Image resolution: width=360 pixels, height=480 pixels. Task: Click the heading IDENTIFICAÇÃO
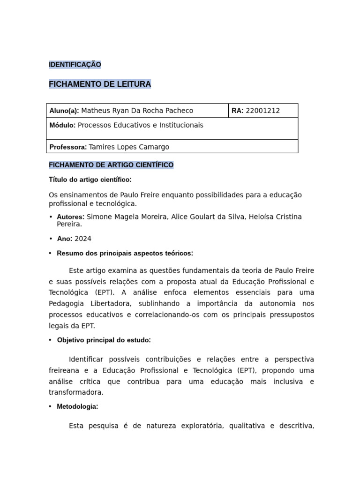(75, 65)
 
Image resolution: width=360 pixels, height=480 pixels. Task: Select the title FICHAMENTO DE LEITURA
(100, 84)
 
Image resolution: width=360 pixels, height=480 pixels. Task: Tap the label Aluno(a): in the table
(64, 111)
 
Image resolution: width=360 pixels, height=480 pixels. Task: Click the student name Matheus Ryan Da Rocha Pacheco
(137, 111)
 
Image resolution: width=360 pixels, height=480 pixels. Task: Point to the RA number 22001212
(262, 111)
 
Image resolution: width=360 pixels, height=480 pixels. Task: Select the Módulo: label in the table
(62, 125)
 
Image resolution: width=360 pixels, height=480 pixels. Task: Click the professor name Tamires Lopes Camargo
(129, 147)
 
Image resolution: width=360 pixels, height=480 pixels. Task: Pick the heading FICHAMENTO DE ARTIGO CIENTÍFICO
(111, 165)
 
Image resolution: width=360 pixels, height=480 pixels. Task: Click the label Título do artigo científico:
(90, 180)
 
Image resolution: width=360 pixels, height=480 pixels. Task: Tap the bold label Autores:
(71, 217)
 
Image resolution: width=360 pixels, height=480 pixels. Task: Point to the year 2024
(83, 239)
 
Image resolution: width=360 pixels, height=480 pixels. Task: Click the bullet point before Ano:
(50, 239)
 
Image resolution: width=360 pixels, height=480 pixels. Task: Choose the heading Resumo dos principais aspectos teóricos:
(125, 253)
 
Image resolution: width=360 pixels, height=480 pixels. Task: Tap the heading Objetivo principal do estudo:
(104, 340)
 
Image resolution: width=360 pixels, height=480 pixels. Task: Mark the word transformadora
(76, 392)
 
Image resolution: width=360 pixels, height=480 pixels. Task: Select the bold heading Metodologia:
(77, 407)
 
